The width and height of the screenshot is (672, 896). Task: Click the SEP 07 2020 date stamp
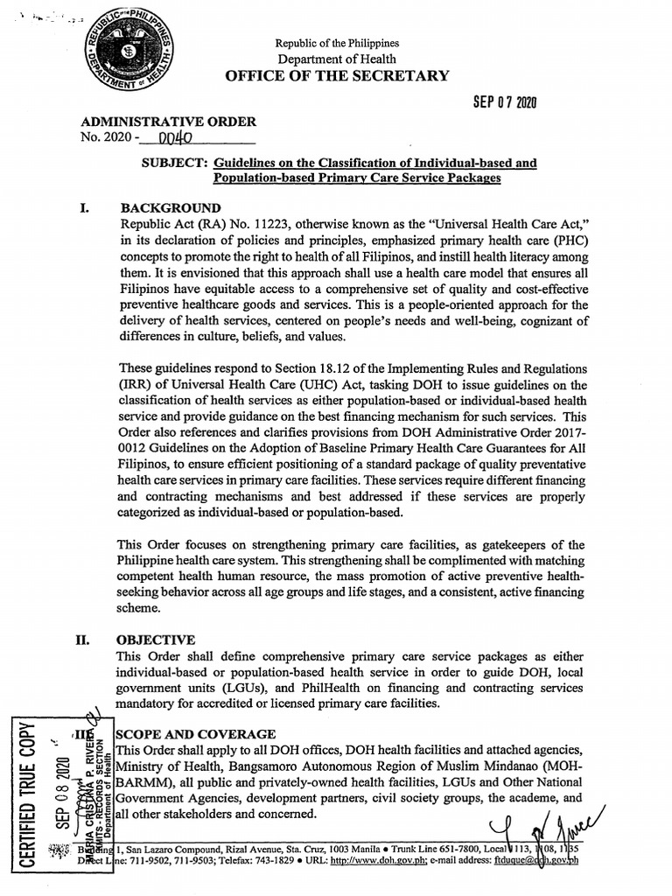click(503, 103)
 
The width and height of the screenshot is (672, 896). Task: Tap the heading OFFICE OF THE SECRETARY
click(337, 76)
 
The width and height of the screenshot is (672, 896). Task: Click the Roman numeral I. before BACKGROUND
click(86, 208)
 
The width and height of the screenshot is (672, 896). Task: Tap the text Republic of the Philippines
click(337, 43)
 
